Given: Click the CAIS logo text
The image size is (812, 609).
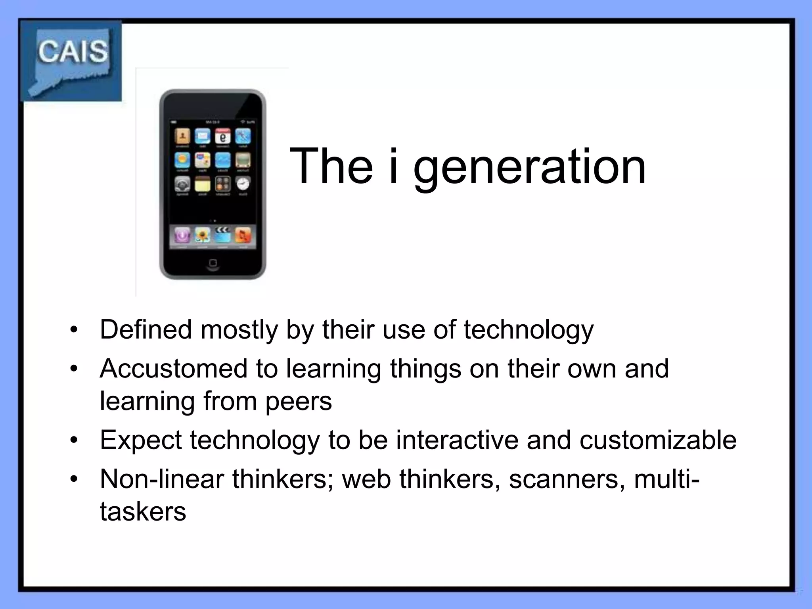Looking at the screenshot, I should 73,52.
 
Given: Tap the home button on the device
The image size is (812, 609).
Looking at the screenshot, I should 213,263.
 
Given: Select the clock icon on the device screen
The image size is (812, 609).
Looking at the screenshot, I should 243,184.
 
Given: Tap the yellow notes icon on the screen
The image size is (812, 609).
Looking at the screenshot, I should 202,184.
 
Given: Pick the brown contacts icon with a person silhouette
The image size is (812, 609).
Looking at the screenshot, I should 182,136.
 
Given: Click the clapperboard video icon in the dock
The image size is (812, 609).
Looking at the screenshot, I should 222,235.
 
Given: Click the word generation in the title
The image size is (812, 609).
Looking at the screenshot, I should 530,167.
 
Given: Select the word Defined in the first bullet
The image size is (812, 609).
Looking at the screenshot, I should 146,329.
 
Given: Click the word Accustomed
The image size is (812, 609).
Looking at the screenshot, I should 173,368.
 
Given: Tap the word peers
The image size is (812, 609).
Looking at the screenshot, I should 299,401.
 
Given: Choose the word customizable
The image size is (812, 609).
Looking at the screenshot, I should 658,440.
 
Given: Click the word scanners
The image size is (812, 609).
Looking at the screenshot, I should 563,479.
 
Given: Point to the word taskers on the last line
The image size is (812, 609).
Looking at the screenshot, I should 143,511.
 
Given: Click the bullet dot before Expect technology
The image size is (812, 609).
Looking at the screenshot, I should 74,440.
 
